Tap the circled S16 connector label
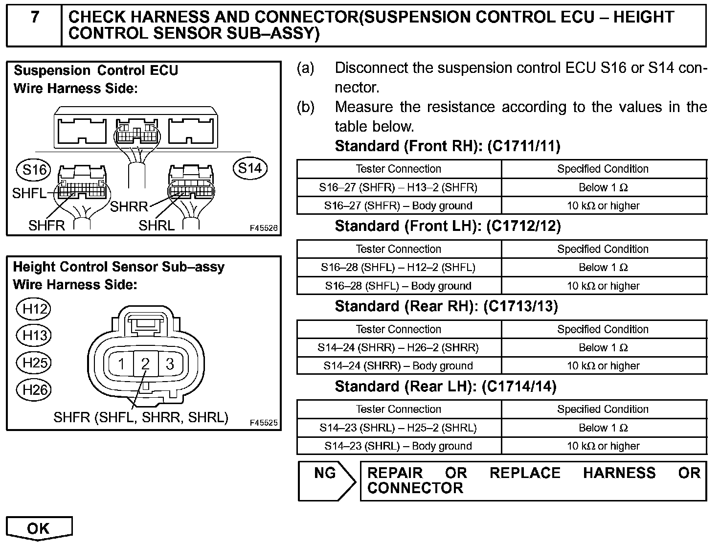coord(34,170)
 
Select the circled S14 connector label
coord(250,168)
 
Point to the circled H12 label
coord(34,309)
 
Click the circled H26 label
coord(34,390)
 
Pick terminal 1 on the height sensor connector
coord(121,364)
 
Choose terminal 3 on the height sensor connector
coord(170,364)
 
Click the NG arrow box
coord(327,480)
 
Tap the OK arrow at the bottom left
coord(39,528)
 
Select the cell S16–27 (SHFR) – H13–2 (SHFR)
coord(399,187)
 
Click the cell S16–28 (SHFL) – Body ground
coord(399,286)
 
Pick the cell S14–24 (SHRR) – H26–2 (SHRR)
coord(399,348)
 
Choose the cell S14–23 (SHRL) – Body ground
coord(399,446)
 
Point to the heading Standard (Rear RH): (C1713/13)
coord(446,306)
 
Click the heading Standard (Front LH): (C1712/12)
coord(448,226)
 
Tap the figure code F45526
coord(264,228)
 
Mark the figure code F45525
coord(264,423)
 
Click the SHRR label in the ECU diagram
coord(129,207)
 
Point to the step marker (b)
coord(306,107)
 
